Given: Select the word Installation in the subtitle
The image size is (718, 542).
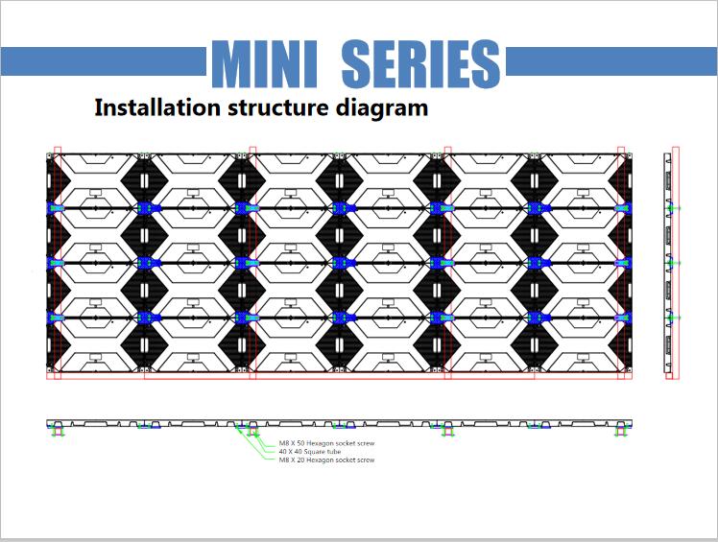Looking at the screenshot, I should click(154, 107).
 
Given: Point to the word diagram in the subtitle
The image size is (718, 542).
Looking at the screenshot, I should click(378, 107).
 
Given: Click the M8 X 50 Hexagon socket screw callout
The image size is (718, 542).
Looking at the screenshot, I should click(326, 444).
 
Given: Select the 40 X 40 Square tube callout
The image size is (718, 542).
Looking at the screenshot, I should click(308, 452).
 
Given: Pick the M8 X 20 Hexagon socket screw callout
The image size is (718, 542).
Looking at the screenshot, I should click(326, 460).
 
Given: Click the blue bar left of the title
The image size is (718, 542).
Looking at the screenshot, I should click(104, 63).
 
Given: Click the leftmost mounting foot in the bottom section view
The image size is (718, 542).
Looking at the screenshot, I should click(58, 429).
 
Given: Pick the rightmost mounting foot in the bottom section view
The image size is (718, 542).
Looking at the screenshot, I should click(622, 429).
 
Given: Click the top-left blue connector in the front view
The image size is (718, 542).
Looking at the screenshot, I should click(54, 208).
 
